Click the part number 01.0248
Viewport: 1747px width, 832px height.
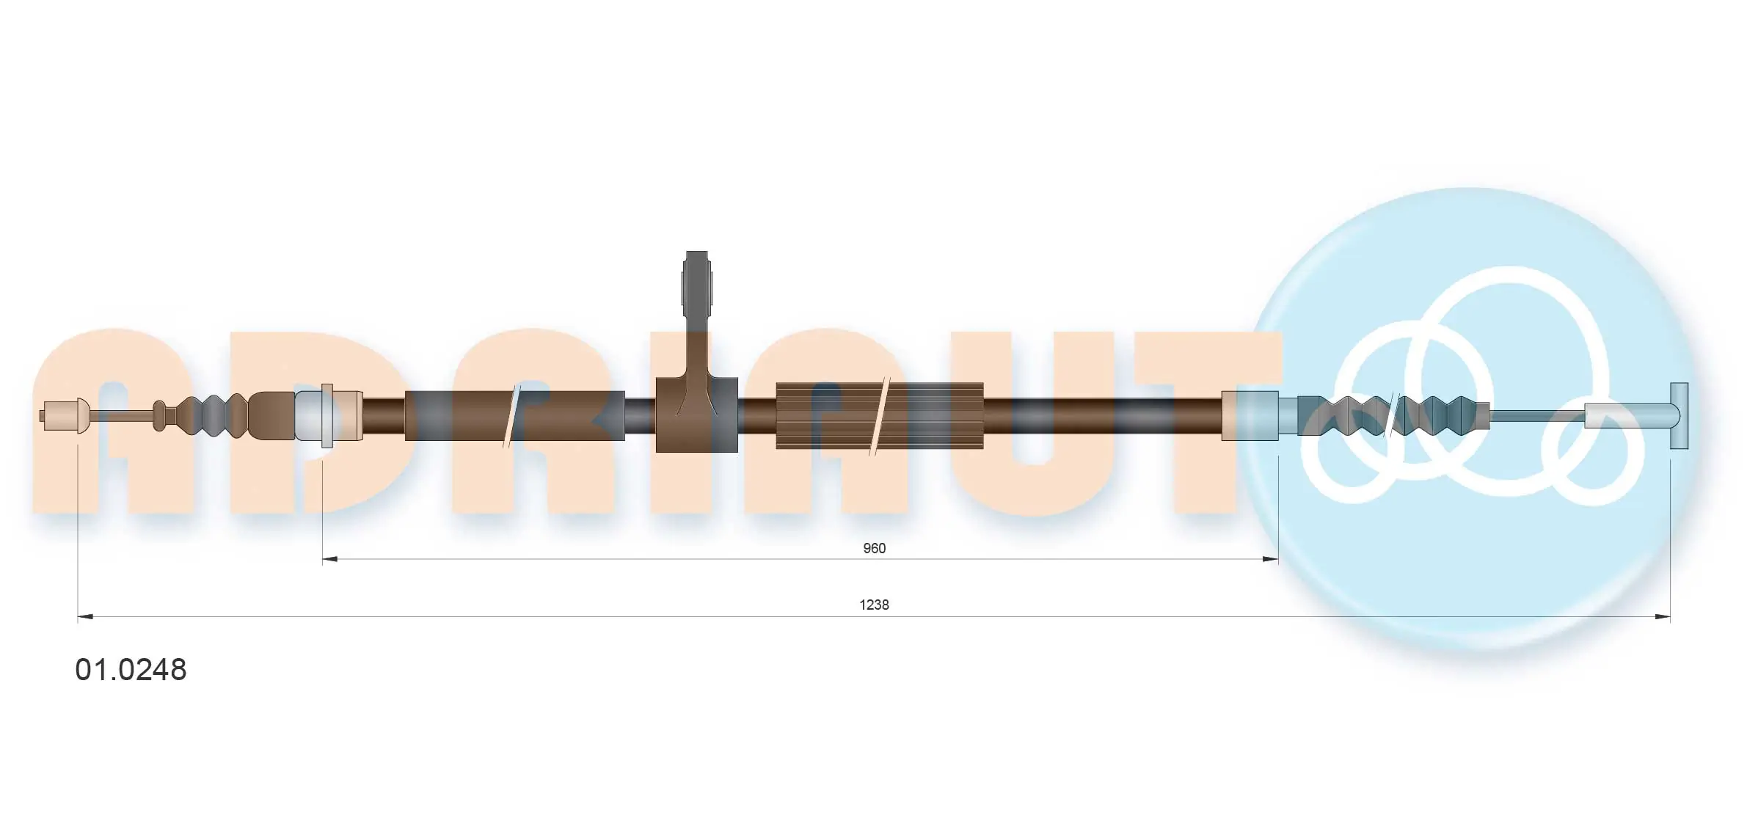(131, 670)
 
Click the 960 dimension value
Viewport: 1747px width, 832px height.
(874, 548)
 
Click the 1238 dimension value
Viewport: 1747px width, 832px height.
(874, 605)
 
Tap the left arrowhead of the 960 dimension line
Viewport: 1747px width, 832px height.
(329, 559)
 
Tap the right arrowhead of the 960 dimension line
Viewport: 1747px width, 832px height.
(1270, 559)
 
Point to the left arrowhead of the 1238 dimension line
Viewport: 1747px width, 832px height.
(85, 616)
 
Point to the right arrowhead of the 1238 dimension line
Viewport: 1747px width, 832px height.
(1662, 616)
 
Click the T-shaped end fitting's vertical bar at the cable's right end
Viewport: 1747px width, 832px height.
(1679, 415)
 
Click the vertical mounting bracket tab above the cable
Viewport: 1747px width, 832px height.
(696, 315)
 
